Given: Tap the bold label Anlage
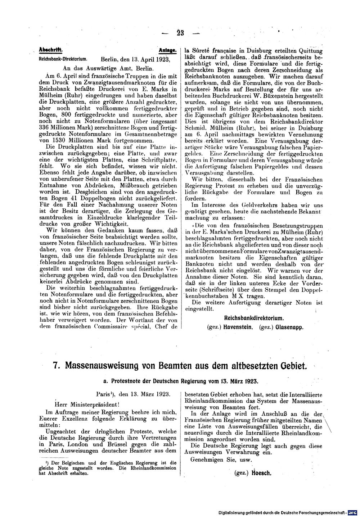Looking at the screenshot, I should click(167, 51).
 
